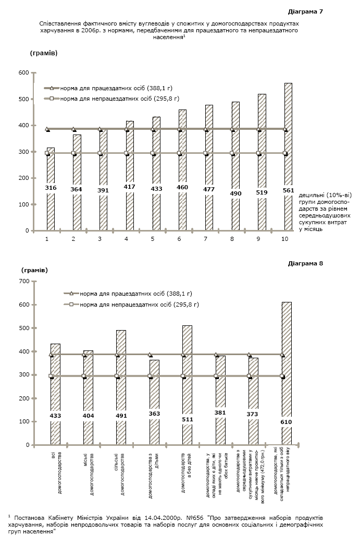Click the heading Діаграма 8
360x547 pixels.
(x=305, y=263)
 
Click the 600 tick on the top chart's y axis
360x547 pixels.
(x=23, y=73)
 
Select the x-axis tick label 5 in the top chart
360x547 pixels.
(x=153, y=238)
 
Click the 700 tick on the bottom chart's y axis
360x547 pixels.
(x=23, y=281)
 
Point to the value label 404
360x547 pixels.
(x=88, y=416)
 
